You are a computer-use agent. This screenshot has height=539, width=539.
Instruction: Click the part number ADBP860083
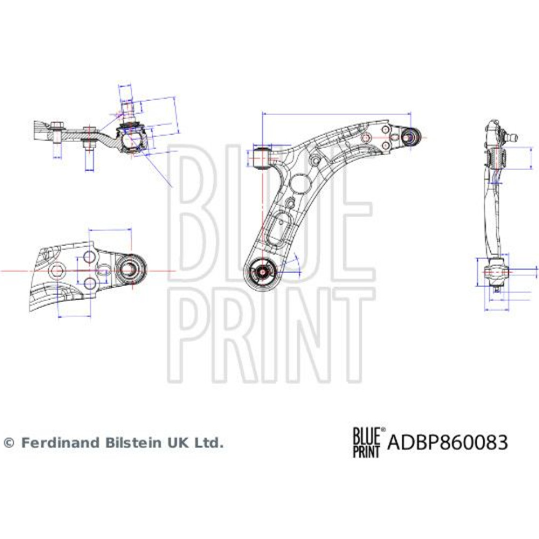[x=448, y=443]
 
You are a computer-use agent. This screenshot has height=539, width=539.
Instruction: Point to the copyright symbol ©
[x=9, y=443]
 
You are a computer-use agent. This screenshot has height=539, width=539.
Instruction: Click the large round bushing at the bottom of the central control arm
[x=261, y=271]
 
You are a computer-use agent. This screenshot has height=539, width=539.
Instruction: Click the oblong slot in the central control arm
[x=279, y=228]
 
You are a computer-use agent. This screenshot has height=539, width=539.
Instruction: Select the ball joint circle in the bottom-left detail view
[x=130, y=268]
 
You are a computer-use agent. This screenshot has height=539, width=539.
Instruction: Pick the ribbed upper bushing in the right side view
[x=496, y=157]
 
